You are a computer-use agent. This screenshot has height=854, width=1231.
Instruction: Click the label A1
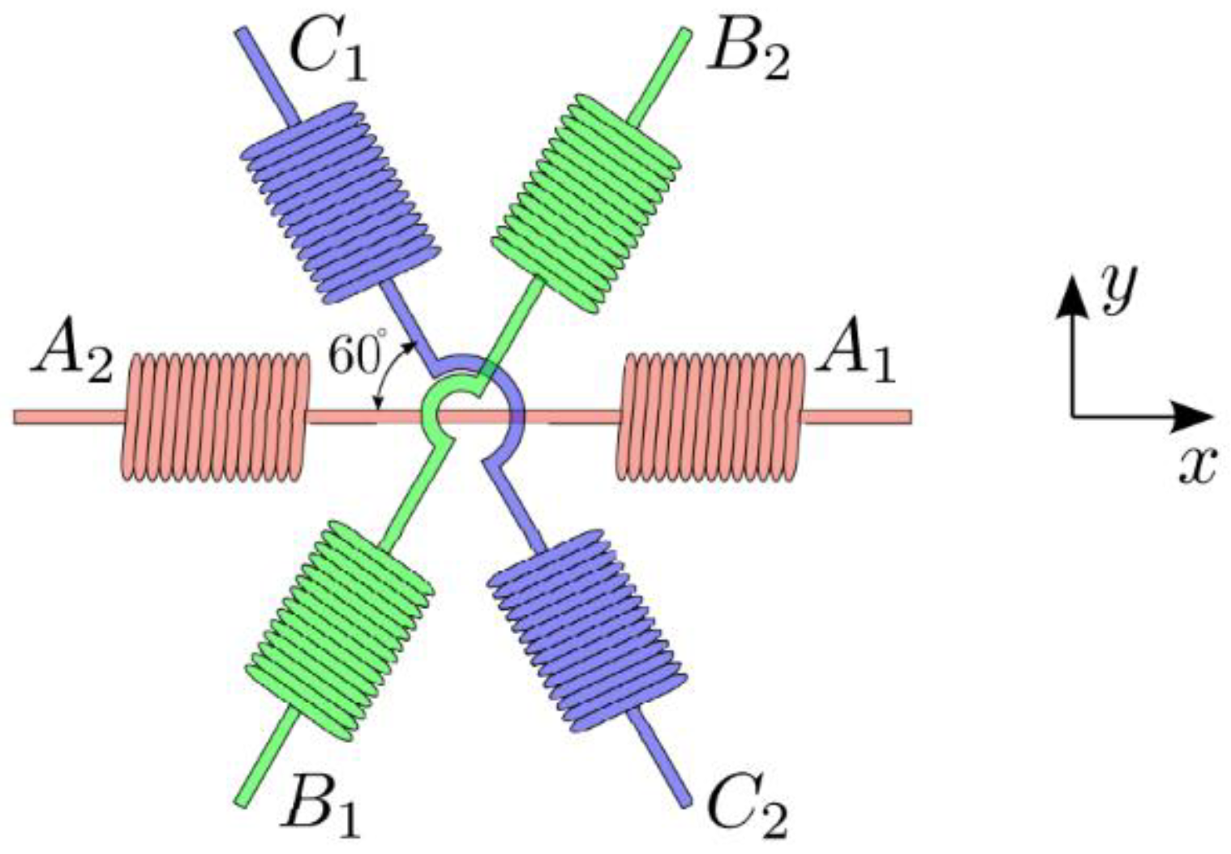856,358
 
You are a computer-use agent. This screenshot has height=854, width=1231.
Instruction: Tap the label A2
71,358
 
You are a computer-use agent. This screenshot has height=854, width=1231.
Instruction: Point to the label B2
748,54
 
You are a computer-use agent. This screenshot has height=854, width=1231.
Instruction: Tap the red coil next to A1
710,416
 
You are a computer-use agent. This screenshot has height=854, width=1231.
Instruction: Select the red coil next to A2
216,417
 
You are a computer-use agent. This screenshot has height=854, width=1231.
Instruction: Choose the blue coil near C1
340,203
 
